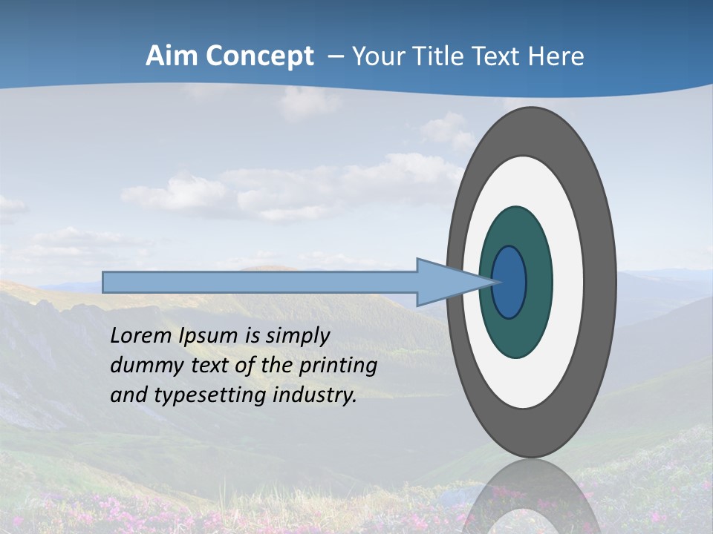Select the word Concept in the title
pyautogui.click(x=260, y=56)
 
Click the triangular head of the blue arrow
pyautogui.click(x=446, y=282)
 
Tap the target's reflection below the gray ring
pyautogui.click(x=531, y=497)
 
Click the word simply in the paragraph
pyautogui.click(x=297, y=336)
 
